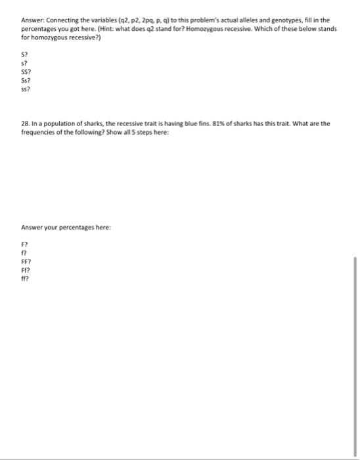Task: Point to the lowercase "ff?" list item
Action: coord(25,278)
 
